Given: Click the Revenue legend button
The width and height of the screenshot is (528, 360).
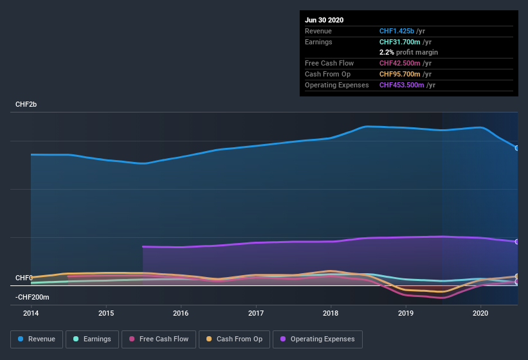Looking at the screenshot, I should point(37,339).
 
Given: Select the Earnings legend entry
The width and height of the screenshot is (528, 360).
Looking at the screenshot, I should point(92,339).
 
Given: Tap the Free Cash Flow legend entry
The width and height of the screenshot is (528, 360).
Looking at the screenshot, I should point(159,339).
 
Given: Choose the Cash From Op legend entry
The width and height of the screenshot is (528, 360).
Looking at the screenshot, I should point(233,339).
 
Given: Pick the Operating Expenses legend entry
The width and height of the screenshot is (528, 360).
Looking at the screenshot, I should point(317,339).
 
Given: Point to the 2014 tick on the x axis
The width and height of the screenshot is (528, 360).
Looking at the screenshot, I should point(31,313).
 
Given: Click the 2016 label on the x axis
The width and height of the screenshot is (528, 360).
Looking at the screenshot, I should point(181,313).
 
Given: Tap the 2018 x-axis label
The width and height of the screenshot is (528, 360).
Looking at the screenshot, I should point(331,313).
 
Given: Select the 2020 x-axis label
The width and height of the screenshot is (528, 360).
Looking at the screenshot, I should point(480,313).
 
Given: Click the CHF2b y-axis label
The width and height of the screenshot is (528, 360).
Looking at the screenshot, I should point(26,104).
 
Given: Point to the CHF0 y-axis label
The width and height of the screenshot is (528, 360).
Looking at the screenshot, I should point(24,278).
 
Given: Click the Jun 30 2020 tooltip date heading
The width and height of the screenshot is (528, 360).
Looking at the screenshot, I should point(324,20).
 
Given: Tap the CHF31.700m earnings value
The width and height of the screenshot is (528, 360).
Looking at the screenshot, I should point(399,42).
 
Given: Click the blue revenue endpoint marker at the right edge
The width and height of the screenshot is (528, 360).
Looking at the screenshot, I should point(516,148).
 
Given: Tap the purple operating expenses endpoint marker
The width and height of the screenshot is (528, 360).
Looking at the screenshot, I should point(516,242).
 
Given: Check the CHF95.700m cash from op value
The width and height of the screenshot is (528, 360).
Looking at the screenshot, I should point(399,74).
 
